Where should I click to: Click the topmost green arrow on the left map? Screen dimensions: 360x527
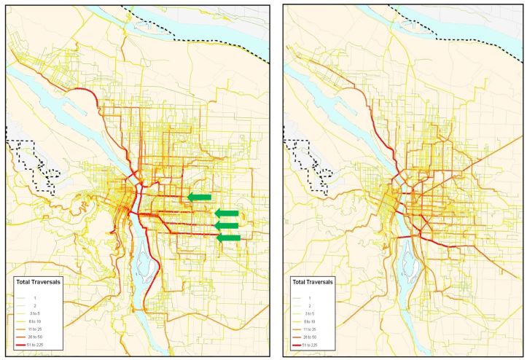tap(199, 197)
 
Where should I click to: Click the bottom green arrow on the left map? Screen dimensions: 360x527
tap(229, 238)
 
